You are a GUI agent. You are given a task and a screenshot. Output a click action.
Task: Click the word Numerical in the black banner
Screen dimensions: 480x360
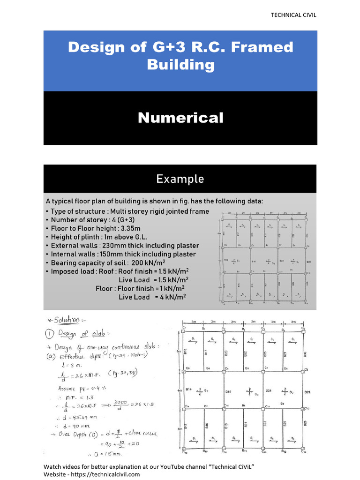pyautogui.click(x=180, y=118)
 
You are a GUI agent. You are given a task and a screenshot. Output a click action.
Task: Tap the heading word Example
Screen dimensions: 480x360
pyautogui.click(x=180, y=179)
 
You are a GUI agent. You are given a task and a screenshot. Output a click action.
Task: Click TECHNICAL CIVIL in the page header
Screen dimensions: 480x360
pyautogui.click(x=293, y=15)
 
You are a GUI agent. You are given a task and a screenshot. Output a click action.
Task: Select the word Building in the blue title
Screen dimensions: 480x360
pyautogui.click(x=180, y=64)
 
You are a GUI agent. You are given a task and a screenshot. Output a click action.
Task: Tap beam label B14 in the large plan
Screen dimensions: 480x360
pyautogui.click(x=190, y=389)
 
